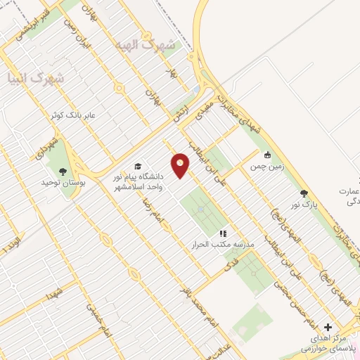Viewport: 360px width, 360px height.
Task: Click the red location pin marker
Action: coord(181,165)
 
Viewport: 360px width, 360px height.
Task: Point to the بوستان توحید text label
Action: coord(63,182)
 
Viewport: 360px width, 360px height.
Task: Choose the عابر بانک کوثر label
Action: coord(77,113)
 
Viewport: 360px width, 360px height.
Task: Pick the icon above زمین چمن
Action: coord(267,155)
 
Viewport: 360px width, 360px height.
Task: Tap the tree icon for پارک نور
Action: coord(304,193)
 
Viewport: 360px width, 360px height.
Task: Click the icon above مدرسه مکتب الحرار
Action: coord(224,233)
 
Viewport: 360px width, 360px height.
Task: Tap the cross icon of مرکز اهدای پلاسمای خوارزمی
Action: coord(328,328)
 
